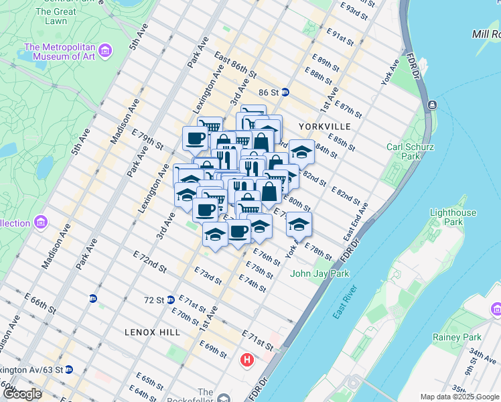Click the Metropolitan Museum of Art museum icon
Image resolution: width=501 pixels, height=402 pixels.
(104, 50)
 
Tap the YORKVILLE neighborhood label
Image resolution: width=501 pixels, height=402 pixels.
(325, 126)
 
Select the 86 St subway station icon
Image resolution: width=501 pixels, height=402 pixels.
(285, 92)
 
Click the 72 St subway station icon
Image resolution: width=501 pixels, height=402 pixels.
(171, 299)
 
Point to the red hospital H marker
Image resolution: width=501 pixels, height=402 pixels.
(246, 360)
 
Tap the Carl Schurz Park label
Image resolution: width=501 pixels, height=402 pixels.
(404, 151)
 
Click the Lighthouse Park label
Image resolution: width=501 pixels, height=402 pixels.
(453, 217)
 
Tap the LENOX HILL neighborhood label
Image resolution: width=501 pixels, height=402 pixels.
(149, 332)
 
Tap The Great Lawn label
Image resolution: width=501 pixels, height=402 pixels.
(56, 17)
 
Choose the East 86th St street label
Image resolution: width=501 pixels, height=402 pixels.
(236, 65)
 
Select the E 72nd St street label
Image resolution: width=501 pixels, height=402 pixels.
(149, 261)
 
